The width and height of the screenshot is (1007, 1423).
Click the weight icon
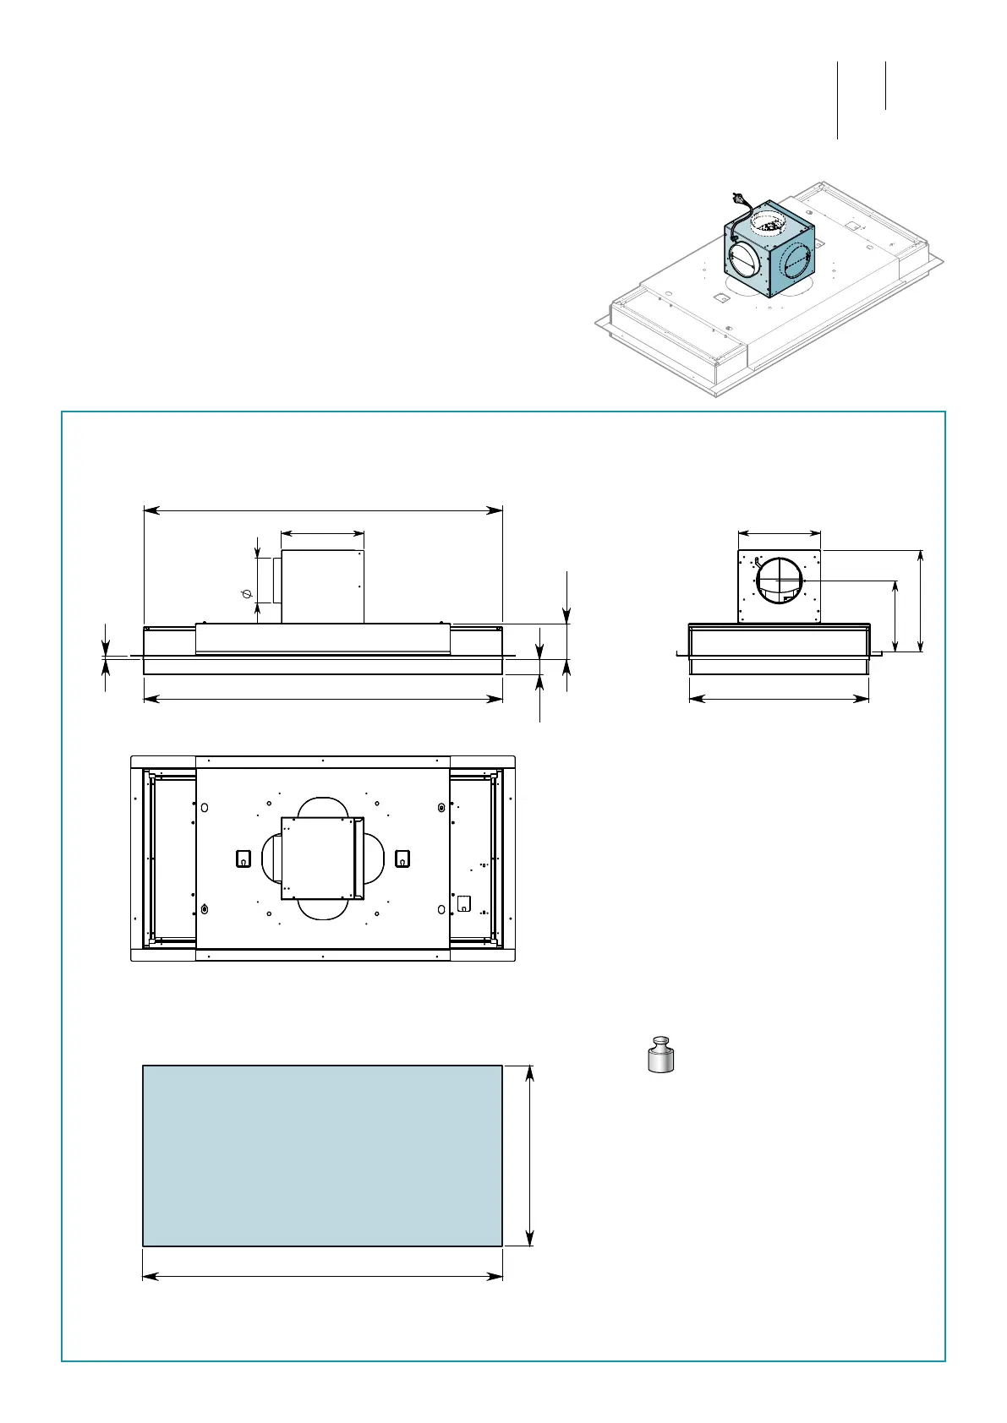661,1054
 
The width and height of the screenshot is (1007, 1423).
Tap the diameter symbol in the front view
247,594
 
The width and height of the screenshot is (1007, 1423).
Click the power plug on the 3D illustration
742,200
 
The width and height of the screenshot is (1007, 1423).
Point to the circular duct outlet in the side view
779,581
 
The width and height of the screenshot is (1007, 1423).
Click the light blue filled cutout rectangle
322,1155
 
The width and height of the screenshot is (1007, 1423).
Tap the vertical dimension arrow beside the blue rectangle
530,1155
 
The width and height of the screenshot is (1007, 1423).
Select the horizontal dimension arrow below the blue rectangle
322,1276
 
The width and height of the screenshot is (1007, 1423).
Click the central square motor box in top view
321,858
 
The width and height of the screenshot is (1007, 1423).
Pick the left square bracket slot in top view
243,859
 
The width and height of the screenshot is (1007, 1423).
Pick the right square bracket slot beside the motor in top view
402,859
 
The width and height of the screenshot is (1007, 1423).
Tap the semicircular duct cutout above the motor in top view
321,806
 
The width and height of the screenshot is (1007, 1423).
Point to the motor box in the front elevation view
322,586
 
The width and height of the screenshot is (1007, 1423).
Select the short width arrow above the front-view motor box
322,533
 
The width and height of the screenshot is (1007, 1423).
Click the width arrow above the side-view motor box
779,533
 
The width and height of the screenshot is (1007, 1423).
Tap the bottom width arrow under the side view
779,699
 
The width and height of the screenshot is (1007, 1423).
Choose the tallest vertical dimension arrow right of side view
921,601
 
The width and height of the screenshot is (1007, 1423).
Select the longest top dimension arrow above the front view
323,510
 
